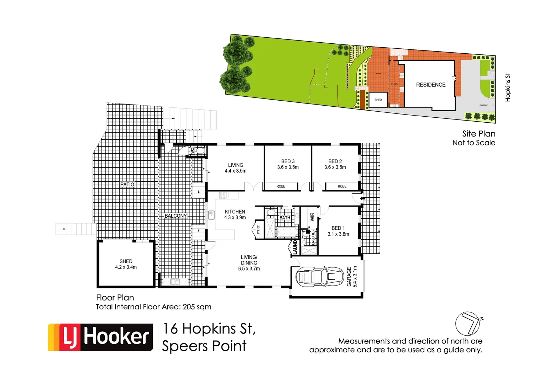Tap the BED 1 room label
coord(338,231)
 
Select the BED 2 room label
coord(335,164)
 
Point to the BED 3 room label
coord(288,164)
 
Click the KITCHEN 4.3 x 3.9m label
coord(235,214)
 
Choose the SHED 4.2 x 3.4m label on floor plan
coord(126,264)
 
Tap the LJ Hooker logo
coord(100,337)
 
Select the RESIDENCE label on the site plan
coord(431,85)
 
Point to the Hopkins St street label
coord(508,87)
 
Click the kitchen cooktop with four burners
coord(223,195)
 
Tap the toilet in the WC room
coord(200,151)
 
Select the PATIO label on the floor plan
coord(127,185)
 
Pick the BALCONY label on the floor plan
coord(176,216)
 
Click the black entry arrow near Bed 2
coord(362,198)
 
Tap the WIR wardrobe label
coord(312,217)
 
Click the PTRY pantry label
coord(258,230)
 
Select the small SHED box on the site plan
coord(378,100)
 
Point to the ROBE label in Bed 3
coord(281,186)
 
